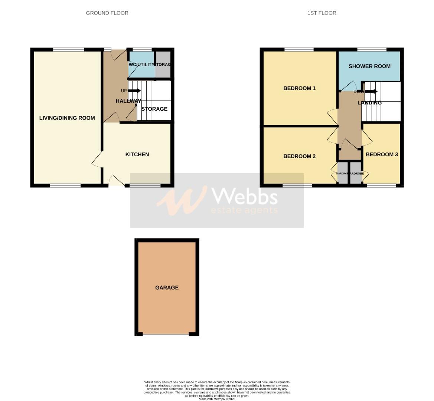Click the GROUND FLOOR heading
coord(107,13)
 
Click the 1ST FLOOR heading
coord(322,13)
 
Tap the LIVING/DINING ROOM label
coord(67,118)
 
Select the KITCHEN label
coord(137,154)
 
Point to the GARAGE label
coord(167,287)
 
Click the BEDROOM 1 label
coord(299,88)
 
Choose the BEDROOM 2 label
coord(299,156)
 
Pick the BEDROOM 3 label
coord(382,154)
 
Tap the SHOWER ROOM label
coord(369,66)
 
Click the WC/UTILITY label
coord(141,65)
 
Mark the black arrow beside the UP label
coord(134,91)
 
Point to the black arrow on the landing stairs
coord(371,91)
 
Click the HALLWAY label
coord(128,101)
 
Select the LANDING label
coord(369,103)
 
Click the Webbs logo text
coord(244,196)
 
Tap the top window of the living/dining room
coord(68,49)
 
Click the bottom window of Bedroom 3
coord(381,185)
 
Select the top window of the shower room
coord(372,49)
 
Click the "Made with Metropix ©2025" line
coord(217,399)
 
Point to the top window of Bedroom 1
coord(299,49)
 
